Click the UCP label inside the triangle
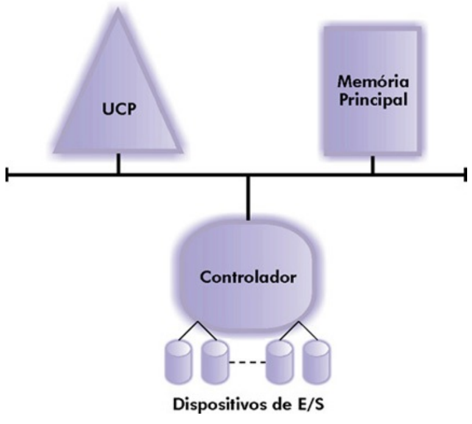point(118,113)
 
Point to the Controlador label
point(248,278)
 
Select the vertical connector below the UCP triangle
point(119,163)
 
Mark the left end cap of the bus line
point(7,176)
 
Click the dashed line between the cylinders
point(247,363)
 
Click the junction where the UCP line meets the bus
point(119,176)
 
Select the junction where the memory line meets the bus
point(372,176)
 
